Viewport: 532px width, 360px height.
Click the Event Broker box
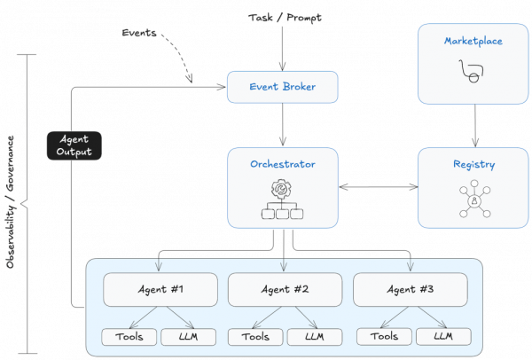[x=283, y=87]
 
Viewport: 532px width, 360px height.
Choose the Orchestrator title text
[x=283, y=164]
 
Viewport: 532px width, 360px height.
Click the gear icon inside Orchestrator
[x=283, y=189]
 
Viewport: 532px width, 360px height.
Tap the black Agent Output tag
[x=74, y=146]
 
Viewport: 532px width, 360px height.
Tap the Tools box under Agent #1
[x=129, y=337]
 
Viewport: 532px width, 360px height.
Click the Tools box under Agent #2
[x=255, y=337]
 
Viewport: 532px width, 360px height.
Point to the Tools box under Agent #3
[x=383, y=337]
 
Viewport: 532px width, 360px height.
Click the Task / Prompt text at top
[x=283, y=17]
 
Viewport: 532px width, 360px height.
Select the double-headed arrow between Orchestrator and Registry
[x=378, y=188]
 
